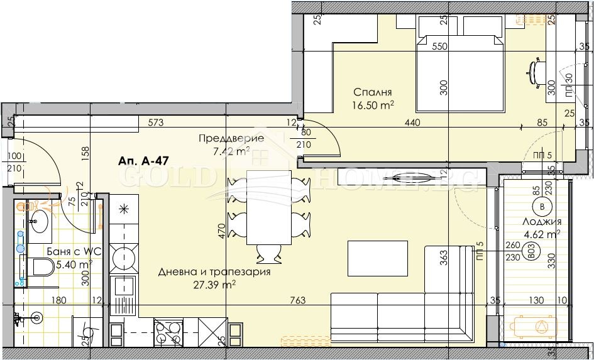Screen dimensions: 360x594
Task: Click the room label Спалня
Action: pos(373,91)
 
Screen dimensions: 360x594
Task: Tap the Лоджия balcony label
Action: pos(540,221)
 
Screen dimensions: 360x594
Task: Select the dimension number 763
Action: pos(298,301)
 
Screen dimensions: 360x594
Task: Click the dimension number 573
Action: pos(157,123)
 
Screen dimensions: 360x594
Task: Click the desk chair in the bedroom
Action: pos(536,70)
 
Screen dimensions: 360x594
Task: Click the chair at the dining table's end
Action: pos(270,253)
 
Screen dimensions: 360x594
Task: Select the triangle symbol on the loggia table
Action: pos(541,325)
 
